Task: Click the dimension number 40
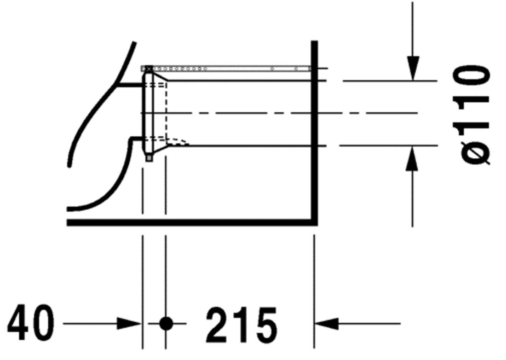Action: click(31, 322)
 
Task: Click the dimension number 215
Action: click(241, 325)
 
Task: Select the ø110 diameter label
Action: click(472, 115)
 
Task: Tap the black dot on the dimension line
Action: click(166, 323)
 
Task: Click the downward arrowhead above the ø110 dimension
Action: click(413, 68)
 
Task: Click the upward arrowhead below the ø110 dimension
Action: click(412, 158)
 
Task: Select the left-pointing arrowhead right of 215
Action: click(327, 323)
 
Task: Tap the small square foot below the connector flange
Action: click(149, 158)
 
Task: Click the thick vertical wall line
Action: click(314, 133)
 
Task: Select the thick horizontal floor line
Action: click(192, 222)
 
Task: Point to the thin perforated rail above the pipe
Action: click(226, 69)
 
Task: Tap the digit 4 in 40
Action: click(18, 322)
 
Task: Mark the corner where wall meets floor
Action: click(314, 222)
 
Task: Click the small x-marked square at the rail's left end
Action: click(149, 69)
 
